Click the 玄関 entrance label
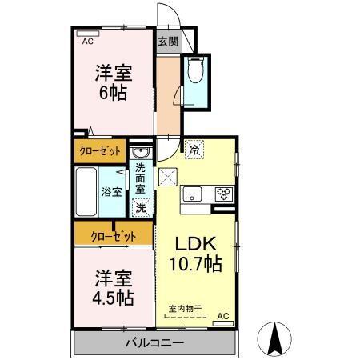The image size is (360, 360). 166,42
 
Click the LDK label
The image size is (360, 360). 194,243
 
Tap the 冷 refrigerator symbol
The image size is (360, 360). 194,148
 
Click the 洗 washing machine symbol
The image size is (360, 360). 141,207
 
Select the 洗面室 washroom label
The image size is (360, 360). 141,179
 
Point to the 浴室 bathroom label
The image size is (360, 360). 111,192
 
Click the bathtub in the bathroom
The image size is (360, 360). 86,191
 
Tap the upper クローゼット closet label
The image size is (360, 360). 100,150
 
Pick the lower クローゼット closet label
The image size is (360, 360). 112,236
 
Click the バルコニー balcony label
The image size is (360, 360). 154,343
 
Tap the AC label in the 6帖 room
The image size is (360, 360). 87,40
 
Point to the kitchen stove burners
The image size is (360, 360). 222,193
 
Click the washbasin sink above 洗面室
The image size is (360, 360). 141,153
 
